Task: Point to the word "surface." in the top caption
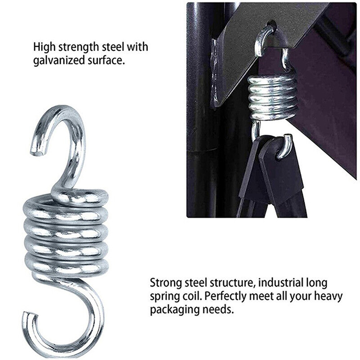pyautogui.click(x=106, y=60)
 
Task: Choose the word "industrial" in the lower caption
pyautogui.click(x=281, y=283)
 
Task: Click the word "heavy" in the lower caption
pyautogui.click(x=328, y=297)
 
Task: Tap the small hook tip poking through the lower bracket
pyautogui.click(x=285, y=147)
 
